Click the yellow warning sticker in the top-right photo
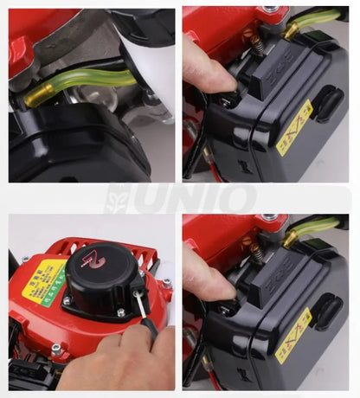coord(295,126)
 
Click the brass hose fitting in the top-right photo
coord(292,30)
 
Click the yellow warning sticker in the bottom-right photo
coord(295,333)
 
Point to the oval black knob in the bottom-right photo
coord(329,311)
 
